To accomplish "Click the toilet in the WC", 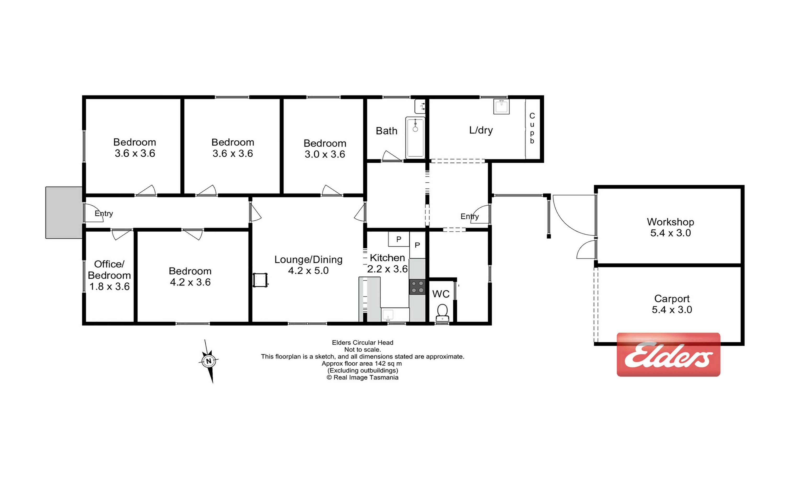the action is [442, 313].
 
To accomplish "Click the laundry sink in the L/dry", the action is [502, 107].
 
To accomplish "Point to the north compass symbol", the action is [209, 361].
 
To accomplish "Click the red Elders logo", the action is [668, 354].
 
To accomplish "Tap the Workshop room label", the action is [670, 222].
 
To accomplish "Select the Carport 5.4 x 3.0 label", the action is [672, 304].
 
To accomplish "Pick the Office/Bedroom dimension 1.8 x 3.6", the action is [109, 286].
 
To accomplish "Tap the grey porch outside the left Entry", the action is [64, 213].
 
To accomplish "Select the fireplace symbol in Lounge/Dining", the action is [260, 280].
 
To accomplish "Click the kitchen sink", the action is [388, 315].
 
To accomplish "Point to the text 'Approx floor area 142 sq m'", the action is [362, 364].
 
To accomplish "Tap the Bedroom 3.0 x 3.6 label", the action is [325, 148].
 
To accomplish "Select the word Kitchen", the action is [387, 258].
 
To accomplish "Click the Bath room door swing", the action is [392, 156].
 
